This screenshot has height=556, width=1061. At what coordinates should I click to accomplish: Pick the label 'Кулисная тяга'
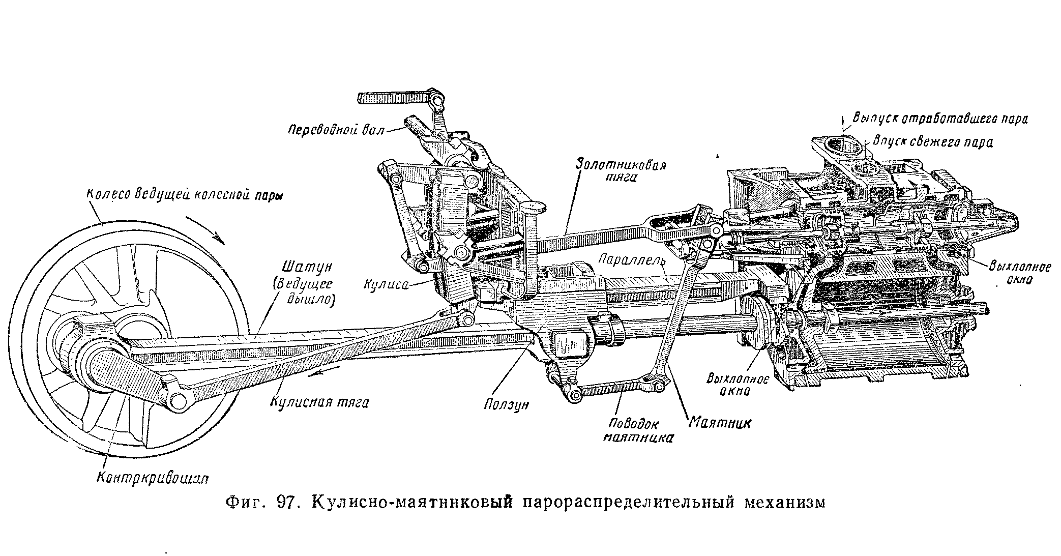[319, 402]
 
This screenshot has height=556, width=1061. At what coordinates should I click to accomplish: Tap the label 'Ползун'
[507, 404]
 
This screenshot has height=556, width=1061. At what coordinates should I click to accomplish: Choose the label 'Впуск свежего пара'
[932, 141]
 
